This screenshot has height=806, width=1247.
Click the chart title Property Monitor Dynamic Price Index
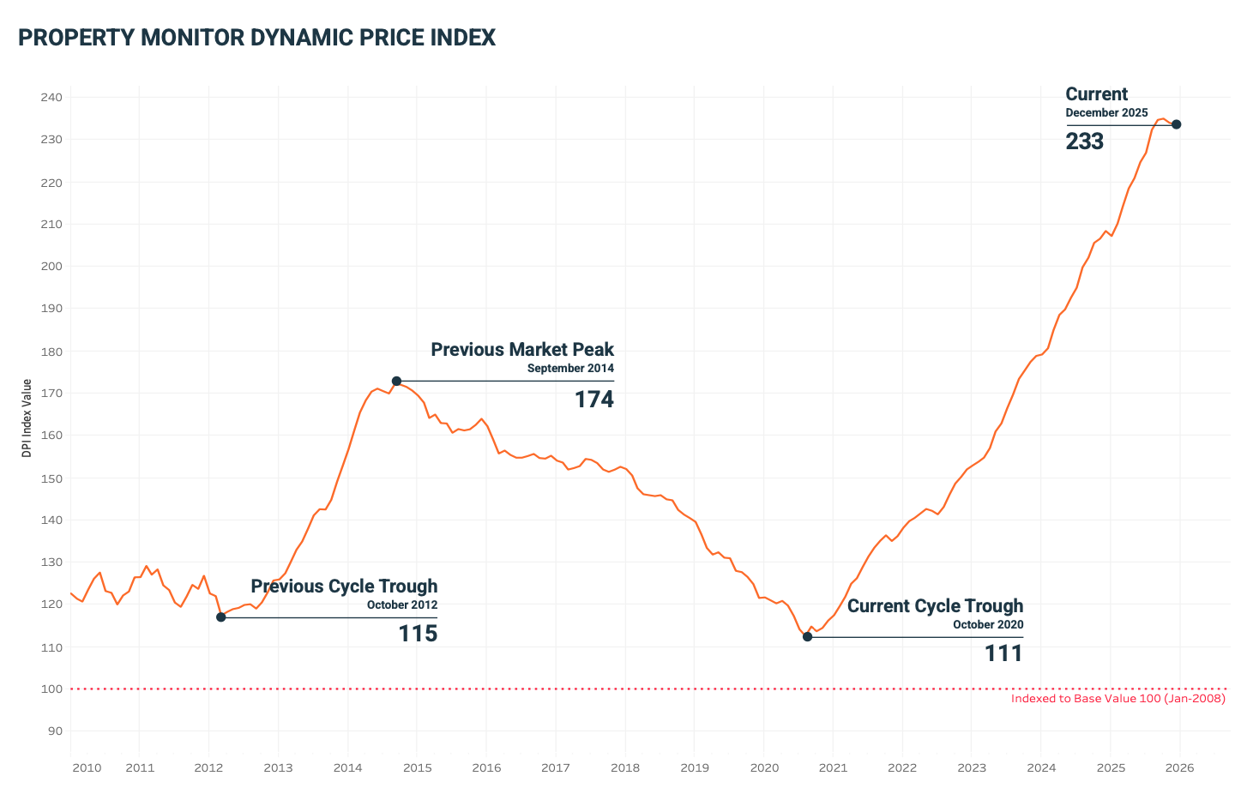click(256, 38)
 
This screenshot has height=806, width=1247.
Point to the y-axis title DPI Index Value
click(27, 418)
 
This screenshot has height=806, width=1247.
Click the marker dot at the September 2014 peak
click(396, 381)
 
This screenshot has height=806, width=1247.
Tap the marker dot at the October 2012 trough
click(220, 617)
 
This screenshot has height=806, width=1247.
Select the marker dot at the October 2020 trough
click(807, 636)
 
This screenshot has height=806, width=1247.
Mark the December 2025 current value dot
click(1176, 124)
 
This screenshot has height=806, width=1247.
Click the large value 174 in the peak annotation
click(593, 400)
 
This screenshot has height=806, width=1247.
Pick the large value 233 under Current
click(1084, 141)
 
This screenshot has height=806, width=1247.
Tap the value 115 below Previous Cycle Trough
click(418, 634)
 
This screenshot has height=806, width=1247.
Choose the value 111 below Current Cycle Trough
click(1003, 654)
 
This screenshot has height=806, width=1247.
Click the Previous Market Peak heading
click(522, 350)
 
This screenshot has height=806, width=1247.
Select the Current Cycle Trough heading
click(935, 606)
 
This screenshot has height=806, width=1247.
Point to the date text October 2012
click(401, 604)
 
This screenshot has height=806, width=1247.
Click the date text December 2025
click(1106, 113)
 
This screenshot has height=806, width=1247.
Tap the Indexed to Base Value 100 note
click(1117, 699)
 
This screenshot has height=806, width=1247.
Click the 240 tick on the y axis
click(51, 97)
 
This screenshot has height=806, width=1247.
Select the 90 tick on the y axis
click(55, 731)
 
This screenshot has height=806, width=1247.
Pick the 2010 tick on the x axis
click(87, 767)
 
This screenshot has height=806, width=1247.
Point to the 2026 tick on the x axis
click(1180, 767)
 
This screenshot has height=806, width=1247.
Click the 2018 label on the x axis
click(625, 767)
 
